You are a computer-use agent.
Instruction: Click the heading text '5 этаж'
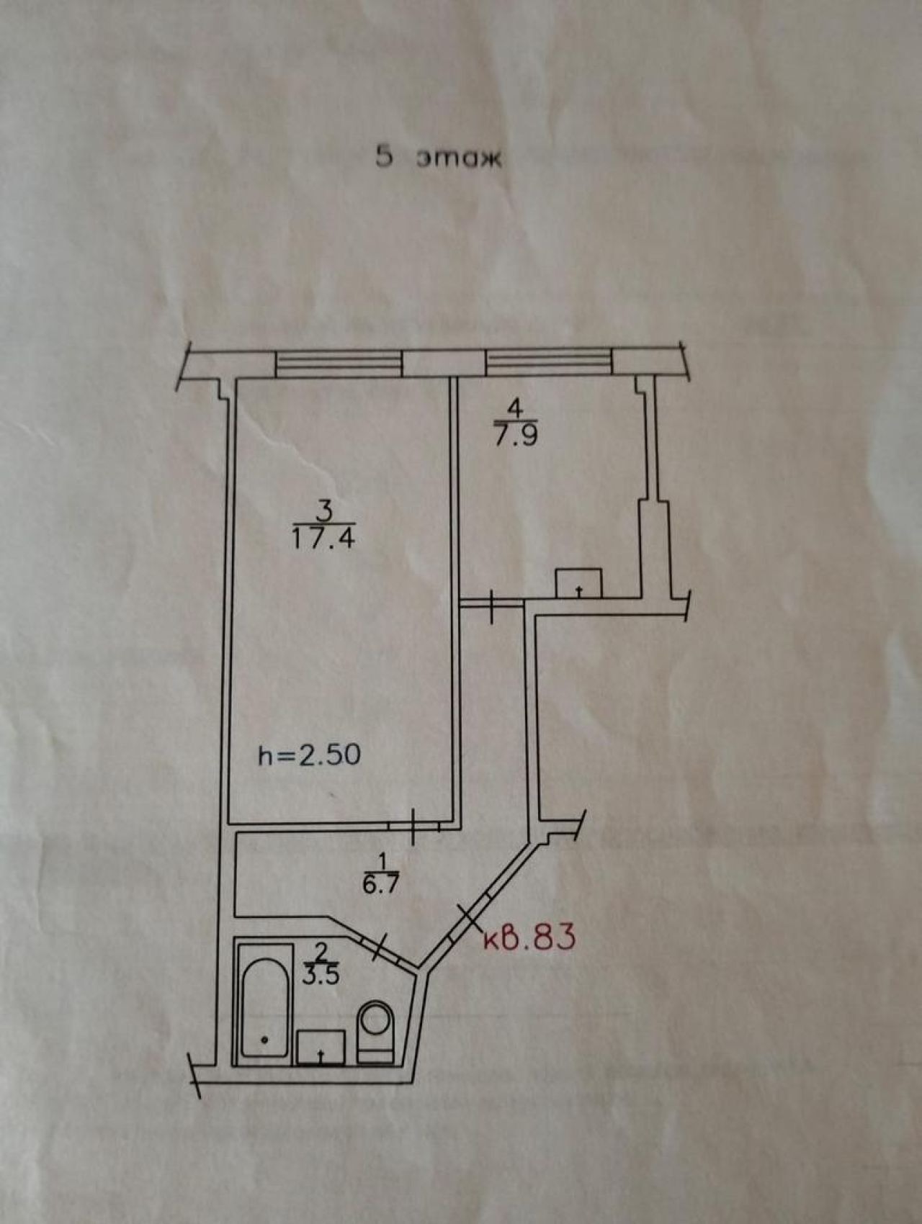click(x=438, y=158)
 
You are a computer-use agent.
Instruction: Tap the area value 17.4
click(x=323, y=538)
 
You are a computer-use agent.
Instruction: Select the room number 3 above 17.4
click(x=324, y=511)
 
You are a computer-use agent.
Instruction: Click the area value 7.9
click(x=516, y=436)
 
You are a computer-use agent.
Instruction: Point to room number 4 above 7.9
click(x=514, y=408)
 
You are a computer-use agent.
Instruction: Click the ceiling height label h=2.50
click(x=310, y=755)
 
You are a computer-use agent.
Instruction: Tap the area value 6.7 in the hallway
click(x=381, y=885)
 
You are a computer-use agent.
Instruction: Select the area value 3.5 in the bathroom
click(x=322, y=976)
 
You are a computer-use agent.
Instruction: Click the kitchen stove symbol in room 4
click(x=578, y=582)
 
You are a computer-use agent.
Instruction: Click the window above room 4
click(x=550, y=362)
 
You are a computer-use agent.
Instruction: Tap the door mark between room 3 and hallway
click(x=414, y=826)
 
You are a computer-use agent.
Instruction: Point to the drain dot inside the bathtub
click(x=264, y=1039)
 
